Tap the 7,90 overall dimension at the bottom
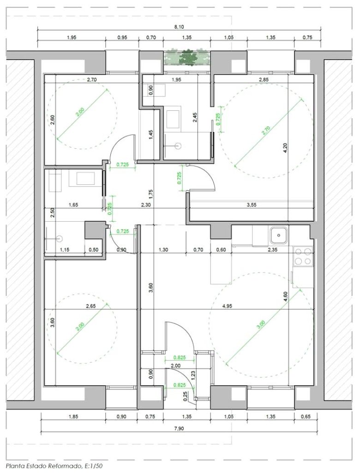click(179, 428)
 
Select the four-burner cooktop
click(303, 256)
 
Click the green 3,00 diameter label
click(262, 324)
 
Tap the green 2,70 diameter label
click(266, 129)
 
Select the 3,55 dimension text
click(252, 205)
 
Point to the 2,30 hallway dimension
click(146, 205)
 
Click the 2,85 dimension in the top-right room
click(264, 79)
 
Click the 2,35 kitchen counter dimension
click(272, 250)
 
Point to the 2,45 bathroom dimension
click(195, 117)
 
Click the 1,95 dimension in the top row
click(72, 38)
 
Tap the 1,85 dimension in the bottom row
click(73, 417)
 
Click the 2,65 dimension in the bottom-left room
click(91, 306)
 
